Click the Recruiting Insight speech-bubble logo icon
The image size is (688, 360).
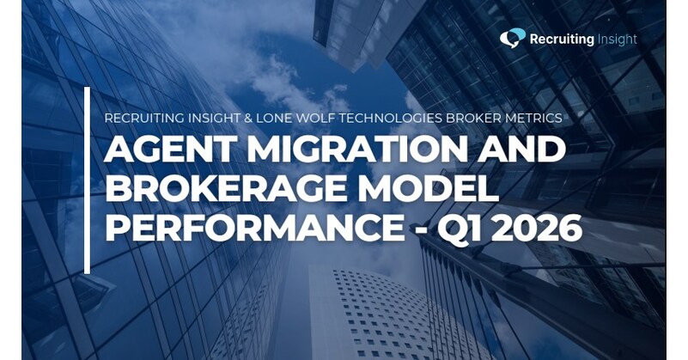tap(513, 38)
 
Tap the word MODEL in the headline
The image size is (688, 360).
tap(441, 192)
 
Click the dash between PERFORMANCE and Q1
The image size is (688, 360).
tap(435, 232)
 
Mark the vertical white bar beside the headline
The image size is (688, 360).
tap(87, 180)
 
